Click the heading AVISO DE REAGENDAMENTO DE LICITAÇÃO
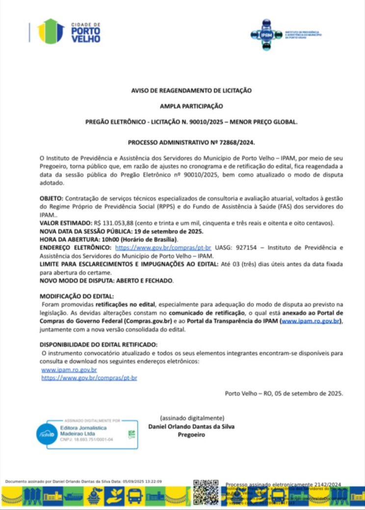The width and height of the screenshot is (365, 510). [191, 91]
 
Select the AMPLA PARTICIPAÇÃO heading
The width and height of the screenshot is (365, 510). [191, 106]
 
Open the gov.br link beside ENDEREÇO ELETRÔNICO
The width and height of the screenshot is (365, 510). [163, 248]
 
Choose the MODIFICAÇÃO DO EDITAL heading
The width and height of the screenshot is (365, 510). [77, 296]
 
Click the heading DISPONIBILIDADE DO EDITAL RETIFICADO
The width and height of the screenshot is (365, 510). [98, 344]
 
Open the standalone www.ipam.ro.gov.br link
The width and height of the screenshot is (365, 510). [69, 370]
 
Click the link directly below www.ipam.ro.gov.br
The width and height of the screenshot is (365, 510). [89, 378]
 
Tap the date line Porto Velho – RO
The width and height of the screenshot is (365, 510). [284, 393]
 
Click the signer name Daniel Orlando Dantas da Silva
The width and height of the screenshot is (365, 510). [191, 426]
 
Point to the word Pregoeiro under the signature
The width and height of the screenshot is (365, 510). [191, 435]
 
